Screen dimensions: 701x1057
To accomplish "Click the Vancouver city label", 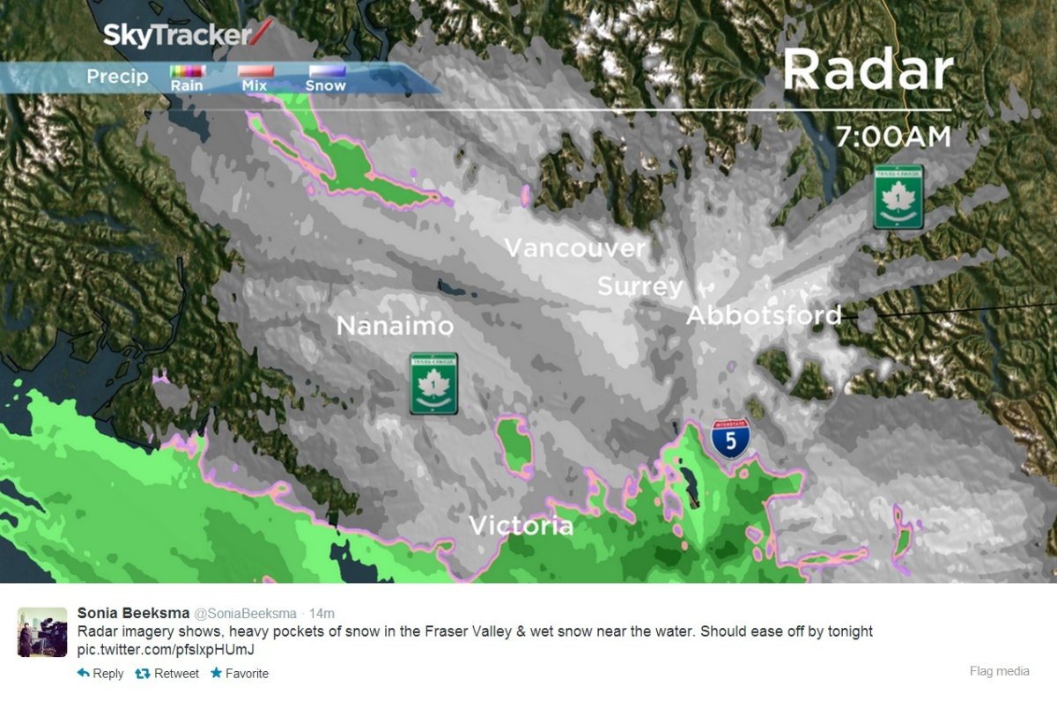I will (575, 247).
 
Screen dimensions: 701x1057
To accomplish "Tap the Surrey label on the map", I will (639, 286).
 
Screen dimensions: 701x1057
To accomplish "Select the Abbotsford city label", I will (764, 314).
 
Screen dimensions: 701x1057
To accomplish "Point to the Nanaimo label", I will (395, 327).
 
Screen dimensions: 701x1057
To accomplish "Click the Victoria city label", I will (521, 526).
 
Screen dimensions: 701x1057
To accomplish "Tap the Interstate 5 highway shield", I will (731, 437).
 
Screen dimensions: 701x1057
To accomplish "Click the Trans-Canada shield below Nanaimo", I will (433, 384).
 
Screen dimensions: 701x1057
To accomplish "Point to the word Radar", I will (868, 70).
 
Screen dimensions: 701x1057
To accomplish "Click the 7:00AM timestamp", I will (893, 137).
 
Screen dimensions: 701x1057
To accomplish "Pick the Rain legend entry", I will (187, 77).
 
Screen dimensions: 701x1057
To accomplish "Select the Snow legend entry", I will (326, 77).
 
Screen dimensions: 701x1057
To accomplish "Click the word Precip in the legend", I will (117, 77).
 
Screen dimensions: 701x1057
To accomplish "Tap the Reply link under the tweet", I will (100, 674).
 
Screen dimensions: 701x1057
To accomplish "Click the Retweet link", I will (166, 674).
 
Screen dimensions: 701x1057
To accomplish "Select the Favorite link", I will (239, 674).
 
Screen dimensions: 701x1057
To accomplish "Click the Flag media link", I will (999, 671).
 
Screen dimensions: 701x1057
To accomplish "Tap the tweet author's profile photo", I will (41, 631).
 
